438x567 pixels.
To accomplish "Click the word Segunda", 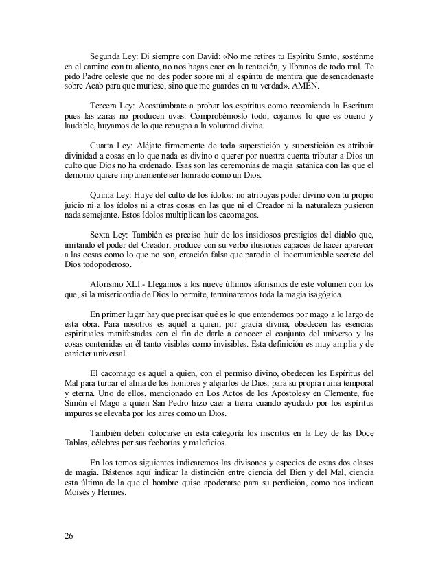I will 106,56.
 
